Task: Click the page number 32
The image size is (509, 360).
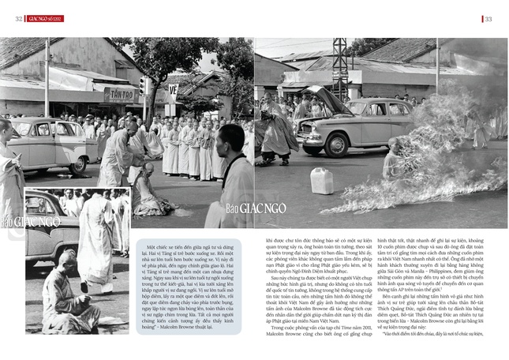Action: [x=17, y=19]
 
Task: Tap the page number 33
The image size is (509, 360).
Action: [x=488, y=19]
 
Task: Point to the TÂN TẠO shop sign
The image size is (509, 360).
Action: [x=120, y=94]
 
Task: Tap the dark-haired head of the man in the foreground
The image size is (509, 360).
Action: [x=233, y=139]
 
